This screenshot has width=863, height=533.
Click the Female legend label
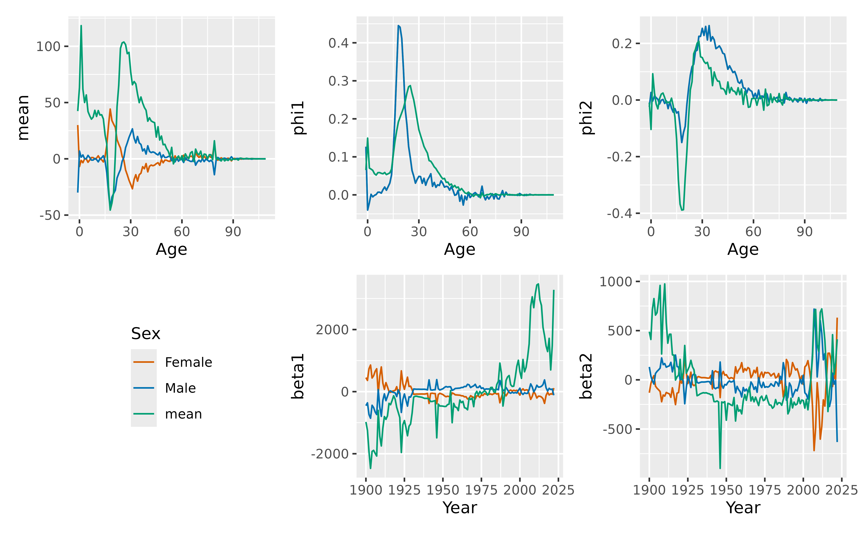[188, 362]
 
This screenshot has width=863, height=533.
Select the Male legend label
[180, 388]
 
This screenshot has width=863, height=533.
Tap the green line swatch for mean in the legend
[143, 414]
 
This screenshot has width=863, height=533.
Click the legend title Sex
[146, 334]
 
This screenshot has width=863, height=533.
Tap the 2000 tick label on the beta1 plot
[332, 330]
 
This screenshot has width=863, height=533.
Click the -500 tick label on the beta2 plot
[617, 429]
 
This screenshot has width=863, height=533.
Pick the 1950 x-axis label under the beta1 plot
[443, 490]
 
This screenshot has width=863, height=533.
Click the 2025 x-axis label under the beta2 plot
[841, 490]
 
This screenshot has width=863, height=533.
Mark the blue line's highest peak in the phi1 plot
[398, 26]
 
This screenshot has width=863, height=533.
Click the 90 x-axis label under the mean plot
[233, 232]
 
